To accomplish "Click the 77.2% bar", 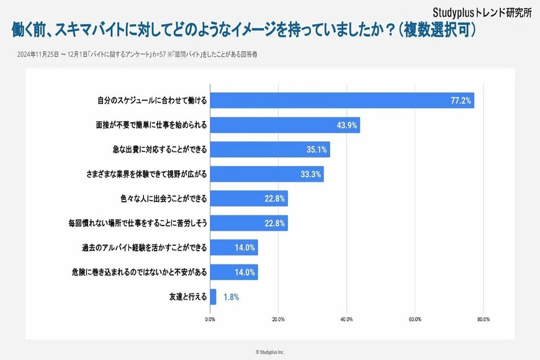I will tap(342, 101).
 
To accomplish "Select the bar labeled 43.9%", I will tap(285, 125).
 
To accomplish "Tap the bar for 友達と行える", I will tap(213, 297).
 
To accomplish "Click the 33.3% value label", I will tap(310, 174).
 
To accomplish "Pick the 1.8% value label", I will tap(231, 297).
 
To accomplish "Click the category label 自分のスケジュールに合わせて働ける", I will tap(152, 101).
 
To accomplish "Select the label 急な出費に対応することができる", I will tap(156, 150).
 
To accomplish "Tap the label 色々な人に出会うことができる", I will tap(163, 199).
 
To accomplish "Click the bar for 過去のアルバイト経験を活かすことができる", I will tap(234, 248).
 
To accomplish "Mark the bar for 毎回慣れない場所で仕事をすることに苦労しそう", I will tap(249, 223).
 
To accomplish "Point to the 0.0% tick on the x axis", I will tap(210, 319).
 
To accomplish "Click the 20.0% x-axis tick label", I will tap(278, 319).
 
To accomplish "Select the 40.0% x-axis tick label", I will tap(346, 319).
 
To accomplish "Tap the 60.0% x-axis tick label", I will tap(415, 319).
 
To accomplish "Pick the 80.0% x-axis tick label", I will tap(483, 319).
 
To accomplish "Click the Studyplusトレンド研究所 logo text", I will tap(482, 11).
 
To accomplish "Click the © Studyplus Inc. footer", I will tap(270, 351).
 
